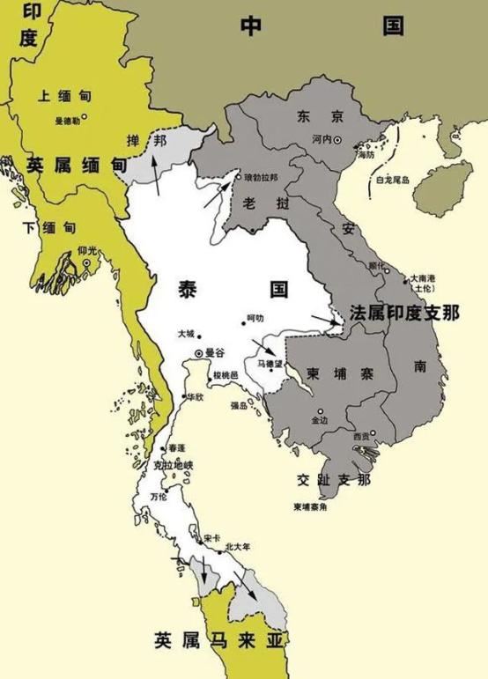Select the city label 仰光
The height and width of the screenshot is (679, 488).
[86, 251]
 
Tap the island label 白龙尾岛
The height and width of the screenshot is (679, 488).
[393, 180]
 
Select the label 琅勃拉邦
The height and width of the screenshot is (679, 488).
[260, 176]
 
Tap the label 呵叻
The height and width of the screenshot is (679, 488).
[255, 318]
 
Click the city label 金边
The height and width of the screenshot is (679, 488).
[319, 421]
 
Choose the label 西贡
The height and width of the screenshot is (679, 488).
[361, 436]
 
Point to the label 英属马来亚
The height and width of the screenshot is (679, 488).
[222, 638]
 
